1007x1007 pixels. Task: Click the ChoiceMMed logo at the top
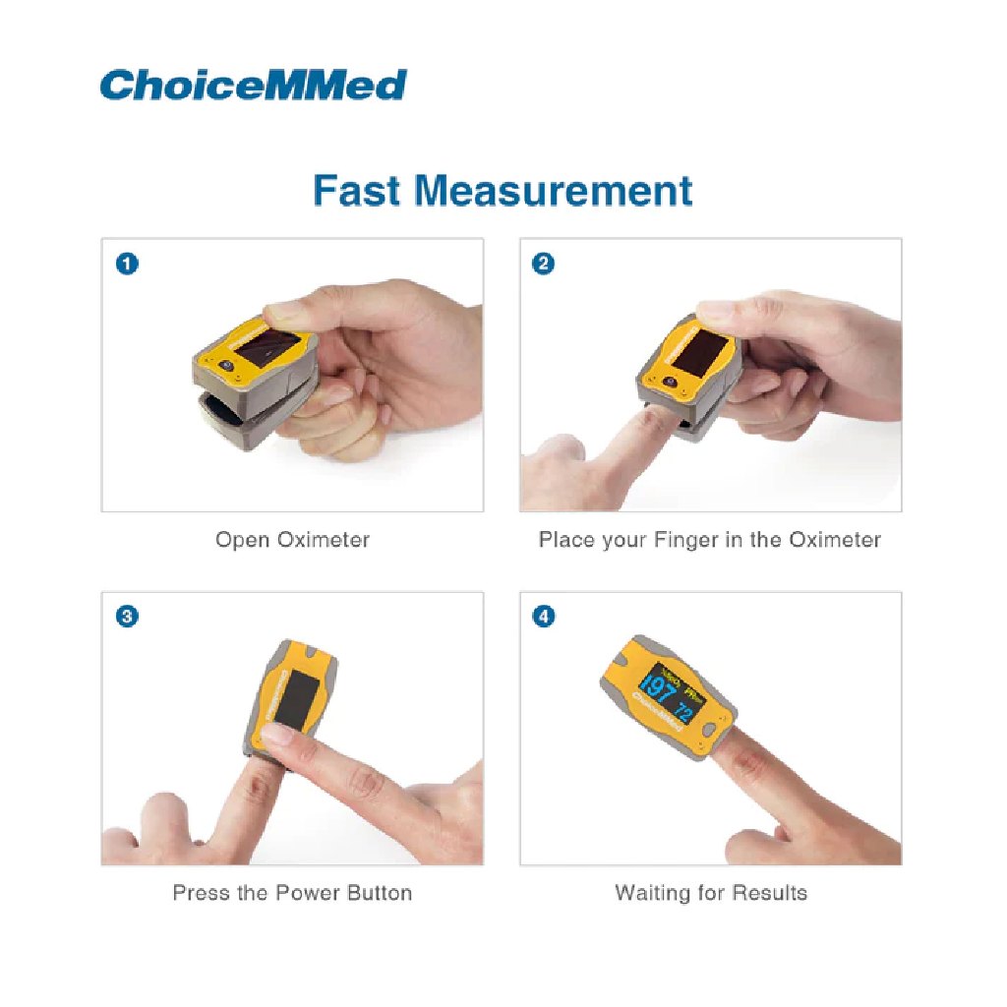(253, 85)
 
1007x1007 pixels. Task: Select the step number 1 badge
(127, 263)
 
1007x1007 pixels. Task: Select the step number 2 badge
(544, 263)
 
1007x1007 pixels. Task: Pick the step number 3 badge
(127, 617)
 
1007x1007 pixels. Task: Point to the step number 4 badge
(544, 617)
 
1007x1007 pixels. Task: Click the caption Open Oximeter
(292, 540)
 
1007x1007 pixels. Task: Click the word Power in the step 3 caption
(308, 893)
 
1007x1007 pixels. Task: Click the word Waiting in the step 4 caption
(650, 893)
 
